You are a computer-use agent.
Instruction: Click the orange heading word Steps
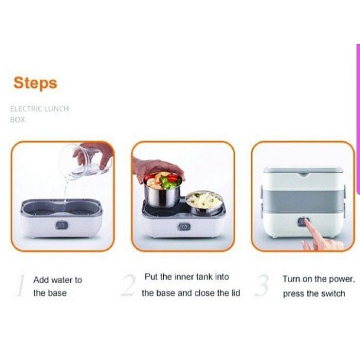tap(35, 83)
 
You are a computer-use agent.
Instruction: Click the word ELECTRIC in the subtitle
tap(26, 109)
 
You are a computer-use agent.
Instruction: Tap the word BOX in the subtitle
tap(17, 120)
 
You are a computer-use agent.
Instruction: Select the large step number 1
tap(21, 286)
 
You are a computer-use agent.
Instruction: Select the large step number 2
tap(128, 286)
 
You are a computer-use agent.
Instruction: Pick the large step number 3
tap(262, 286)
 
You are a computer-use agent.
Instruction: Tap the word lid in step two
tap(235, 293)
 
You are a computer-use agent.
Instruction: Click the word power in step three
tap(342, 279)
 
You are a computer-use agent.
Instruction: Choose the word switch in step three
tap(333, 294)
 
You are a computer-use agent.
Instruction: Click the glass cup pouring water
tap(86, 160)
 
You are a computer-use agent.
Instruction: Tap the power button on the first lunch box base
tap(62, 225)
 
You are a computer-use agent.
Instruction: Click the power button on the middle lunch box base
tap(184, 227)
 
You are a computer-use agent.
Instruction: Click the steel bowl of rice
tap(204, 204)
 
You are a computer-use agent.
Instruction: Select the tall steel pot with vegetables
tap(163, 190)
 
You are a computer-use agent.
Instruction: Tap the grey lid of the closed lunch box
tap(303, 171)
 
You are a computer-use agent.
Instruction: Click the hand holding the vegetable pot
tap(156, 167)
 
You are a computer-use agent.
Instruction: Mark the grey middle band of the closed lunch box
tap(303, 199)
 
